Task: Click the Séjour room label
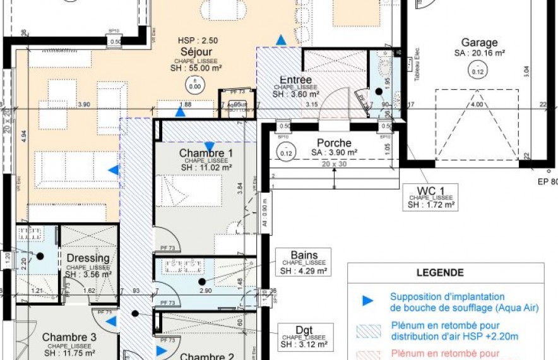pyautogui.click(x=196, y=52)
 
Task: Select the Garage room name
pyautogui.click(x=479, y=43)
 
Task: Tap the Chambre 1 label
pyautogui.click(x=206, y=153)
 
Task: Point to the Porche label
pyautogui.click(x=334, y=143)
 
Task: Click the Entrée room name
pyautogui.click(x=295, y=80)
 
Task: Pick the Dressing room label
pyautogui.click(x=88, y=258)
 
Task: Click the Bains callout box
pyautogui.click(x=304, y=262)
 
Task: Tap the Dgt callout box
pyautogui.click(x=304, y=337)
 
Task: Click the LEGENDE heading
pyautogui.click(x=439, y=273)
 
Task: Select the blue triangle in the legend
pyautogui.click(x=367, y=301)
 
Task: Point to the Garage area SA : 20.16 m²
pyautogui.click(x=479, y=54)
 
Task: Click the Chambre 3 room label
pyautogui.click(x=69, y=337)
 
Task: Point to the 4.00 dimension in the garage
pyautogui.click(x=477, y=105)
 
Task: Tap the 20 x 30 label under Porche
pyautogui.click(x=334, y=164)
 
